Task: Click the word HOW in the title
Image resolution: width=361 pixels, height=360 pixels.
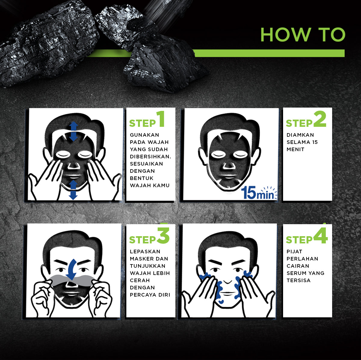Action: coord(286,35)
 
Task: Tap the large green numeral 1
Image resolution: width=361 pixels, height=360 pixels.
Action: coord(161,119)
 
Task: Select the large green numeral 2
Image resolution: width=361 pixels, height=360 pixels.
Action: coord(320,119)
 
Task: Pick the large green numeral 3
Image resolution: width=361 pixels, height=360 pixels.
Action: coord(163,235)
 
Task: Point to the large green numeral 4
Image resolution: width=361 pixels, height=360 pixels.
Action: coord(320,235)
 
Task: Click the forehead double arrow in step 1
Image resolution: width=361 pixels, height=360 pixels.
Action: coord(73,131)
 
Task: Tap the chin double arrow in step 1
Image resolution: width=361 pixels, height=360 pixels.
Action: coord(73,190)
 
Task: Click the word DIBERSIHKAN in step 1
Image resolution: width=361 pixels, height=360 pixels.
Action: coord(150,157)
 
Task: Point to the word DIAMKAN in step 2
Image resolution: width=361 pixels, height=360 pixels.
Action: coord(300,135)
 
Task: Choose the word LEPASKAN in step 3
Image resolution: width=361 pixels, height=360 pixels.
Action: coord(145,252)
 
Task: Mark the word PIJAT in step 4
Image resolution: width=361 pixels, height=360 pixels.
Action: coord(294,252)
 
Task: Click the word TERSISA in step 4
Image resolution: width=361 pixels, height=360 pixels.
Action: coord(298,280)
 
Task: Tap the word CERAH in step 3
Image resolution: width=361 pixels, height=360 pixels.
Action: coord(140,280)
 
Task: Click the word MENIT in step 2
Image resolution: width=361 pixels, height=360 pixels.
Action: coord(295,149)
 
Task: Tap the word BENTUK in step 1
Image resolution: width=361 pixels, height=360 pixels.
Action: coord(141,178)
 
